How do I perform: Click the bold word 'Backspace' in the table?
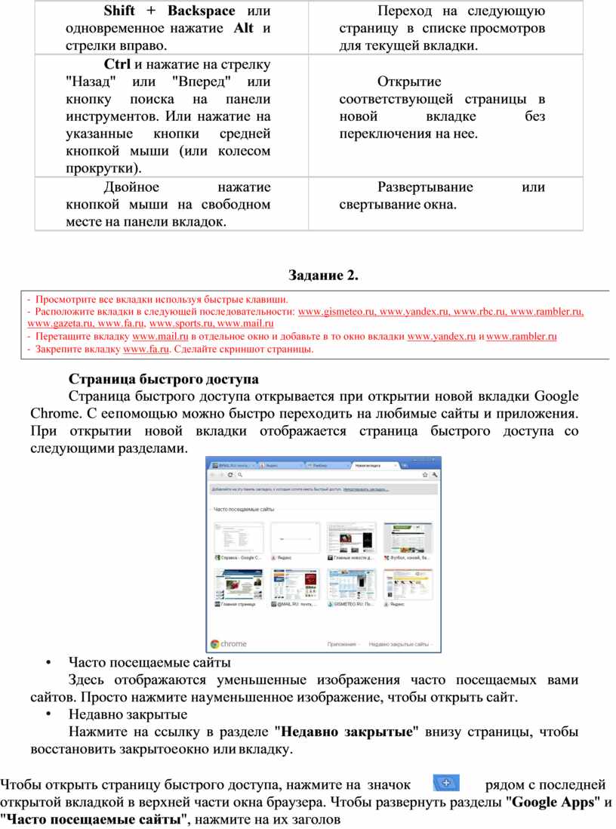pos(202,11)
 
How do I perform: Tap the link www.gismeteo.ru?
pos(337,311)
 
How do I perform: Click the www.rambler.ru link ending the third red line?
pos(522,337)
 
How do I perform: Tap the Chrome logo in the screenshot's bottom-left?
pos(215,644)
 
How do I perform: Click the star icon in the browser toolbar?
pos(425,475)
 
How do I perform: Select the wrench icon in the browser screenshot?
pos(435,475)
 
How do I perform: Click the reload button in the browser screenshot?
pos(229,475)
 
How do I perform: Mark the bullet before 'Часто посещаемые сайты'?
pos(48,664)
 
